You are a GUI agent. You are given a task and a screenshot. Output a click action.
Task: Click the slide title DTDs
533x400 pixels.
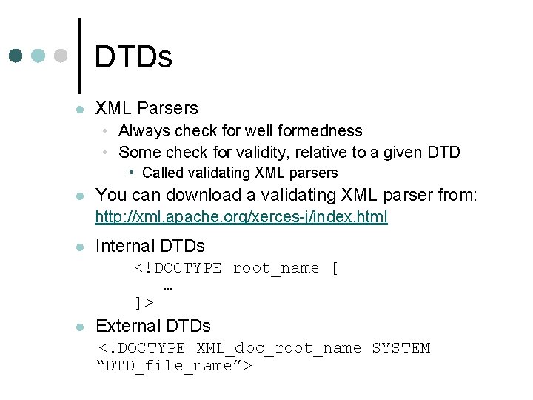tap(133, 57)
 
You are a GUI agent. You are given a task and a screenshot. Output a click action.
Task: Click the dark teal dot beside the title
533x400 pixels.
tap(17, 56)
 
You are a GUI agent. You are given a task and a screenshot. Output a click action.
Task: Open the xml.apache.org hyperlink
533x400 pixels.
tap(242, 218)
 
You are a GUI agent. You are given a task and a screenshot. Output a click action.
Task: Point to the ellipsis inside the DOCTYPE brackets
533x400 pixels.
tap(167, 287)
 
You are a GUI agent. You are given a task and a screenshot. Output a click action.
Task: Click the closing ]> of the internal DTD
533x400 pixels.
tap(144, 302)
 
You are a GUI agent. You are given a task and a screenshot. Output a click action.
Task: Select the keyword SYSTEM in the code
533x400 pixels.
tap(400, 348)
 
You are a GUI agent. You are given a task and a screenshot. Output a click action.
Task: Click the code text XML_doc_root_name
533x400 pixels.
tap(278, 348)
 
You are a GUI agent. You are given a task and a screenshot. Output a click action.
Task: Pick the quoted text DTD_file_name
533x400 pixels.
tap(175, 366)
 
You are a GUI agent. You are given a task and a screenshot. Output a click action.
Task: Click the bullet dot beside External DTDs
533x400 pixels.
tap(80, 327)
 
